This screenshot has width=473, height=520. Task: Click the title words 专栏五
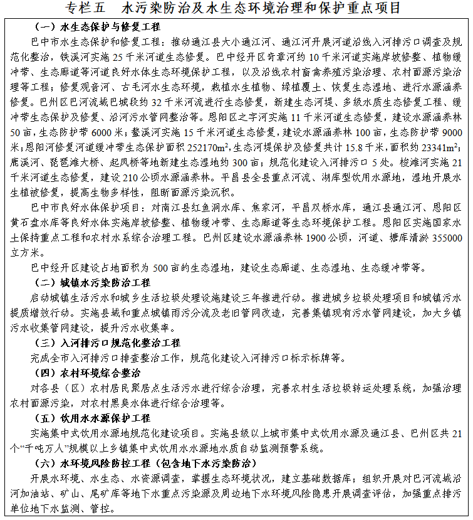pyautogui.click(x=88, y=8)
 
